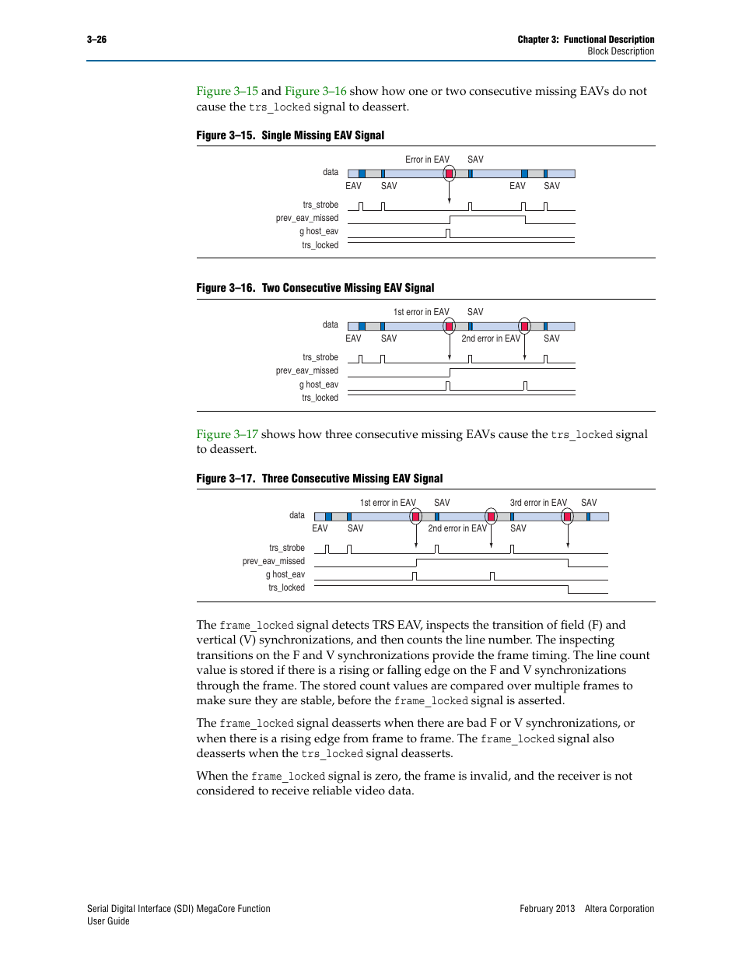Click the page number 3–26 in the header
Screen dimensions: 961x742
pyautogui.click(x=96, y=39)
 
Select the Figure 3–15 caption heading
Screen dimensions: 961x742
pyautogui.click(x=290, y=135)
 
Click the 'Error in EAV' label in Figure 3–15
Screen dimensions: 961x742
pyautogui.click(x=427, y=160)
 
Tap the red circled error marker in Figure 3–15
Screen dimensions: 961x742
pyautogui.click(x=449, y=174)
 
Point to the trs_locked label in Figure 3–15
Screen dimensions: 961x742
pyautogui.click(x=320, y=245)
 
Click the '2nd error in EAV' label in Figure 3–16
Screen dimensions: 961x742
pyautogui.click(x=490, y=338)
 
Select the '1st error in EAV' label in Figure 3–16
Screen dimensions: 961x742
pyautogui.click(x=421, y=312)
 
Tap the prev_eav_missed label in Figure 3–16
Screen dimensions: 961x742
pyautogui.click(x=306, y=370)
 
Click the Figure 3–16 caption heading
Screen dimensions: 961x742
pyautogui.click(x=315, y=288)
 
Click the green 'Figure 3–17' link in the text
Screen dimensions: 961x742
pyautogui.click(x=227, y=434)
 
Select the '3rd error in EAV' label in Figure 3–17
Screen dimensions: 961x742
pyautogui.click(x=538, y=503)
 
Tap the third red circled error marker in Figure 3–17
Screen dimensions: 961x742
pyautogui.click(x=567, y=517)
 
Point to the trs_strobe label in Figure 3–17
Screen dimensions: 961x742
pyautogui.click(x=286, y=548)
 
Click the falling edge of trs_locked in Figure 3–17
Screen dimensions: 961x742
pyautogui.click(x=568, y=589)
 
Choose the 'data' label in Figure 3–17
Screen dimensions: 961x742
pyautogui.click(x=296, y=515)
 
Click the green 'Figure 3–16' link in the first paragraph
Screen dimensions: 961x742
pyautogui.click(x=315, y=91)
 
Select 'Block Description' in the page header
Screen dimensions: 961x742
pyautogui.click(x=621, y=51)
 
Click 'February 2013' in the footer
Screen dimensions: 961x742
pyautogui.click(x=547, y=909)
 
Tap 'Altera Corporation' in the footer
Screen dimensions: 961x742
pyautogui.click(x=619, y=909)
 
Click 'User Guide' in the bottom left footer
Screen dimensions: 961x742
pyautogui.click(x=108, y=921)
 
